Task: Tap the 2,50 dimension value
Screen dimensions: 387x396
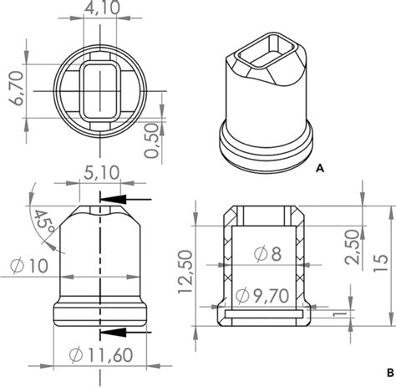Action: pos(354,247)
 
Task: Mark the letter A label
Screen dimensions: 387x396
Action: pos(320,168)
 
